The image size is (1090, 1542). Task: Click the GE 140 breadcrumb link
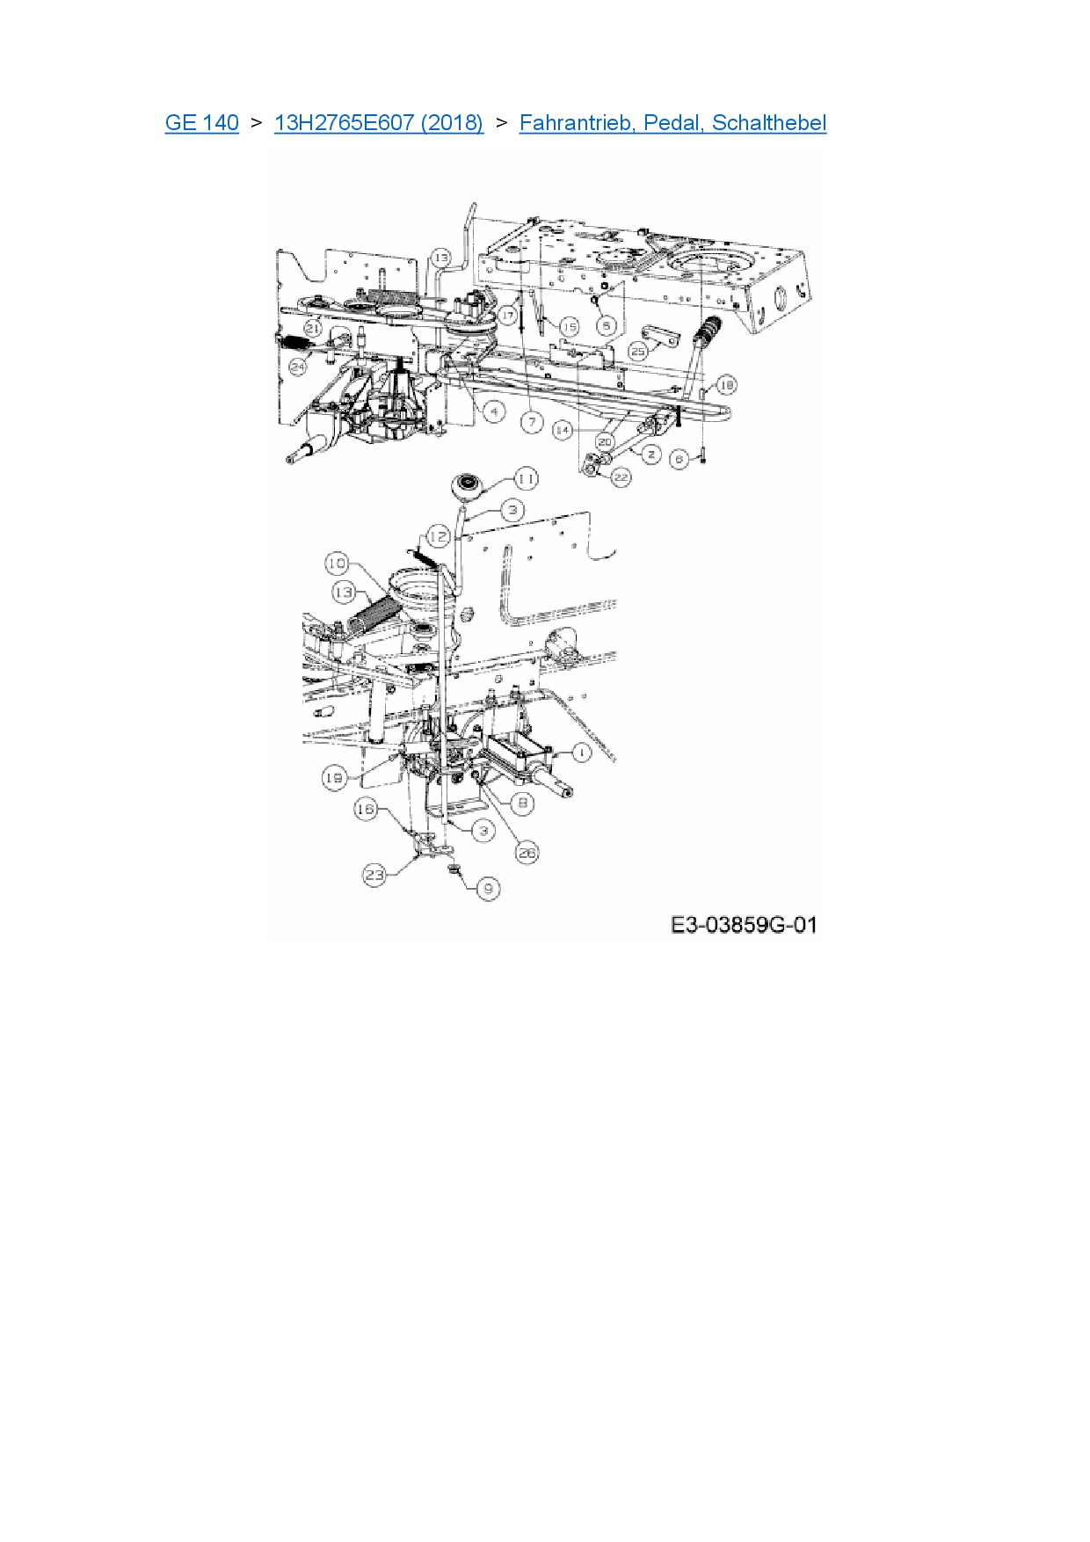pyautogui.click(x=201, y=123)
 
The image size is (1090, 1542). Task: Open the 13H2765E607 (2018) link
pyautogui.click(x=378, y=123)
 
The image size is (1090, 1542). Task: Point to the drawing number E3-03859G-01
pyautogui.click(x=744, y=925)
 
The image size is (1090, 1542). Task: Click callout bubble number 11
pyautogui.click(x=526, y=479)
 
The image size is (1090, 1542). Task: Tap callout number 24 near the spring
pyautogui.click(x=298, y=367)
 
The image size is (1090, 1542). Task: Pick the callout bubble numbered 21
pyautogui.click(x=313, y=329)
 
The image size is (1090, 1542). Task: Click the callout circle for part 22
pyautogui.click(x=621, y=477)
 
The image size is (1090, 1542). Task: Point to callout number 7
pyautogui.click(x=532, y=423)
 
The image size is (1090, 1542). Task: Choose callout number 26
pyautogui.click(x=527, y=853)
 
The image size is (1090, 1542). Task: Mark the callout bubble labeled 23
pyautogui.click(x=374, y=875)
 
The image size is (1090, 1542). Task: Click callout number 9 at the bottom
pyautogui.click(x=488, y=889)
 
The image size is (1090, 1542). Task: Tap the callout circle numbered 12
pyautogui.click(x=439, y=537)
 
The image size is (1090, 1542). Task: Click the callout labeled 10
pyautogui.click(x=337, y=564)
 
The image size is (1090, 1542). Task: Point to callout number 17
pyautogui.click(x=507, y=315)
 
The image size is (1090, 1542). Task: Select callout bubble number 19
pyautogui.click(x=334, y=778)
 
